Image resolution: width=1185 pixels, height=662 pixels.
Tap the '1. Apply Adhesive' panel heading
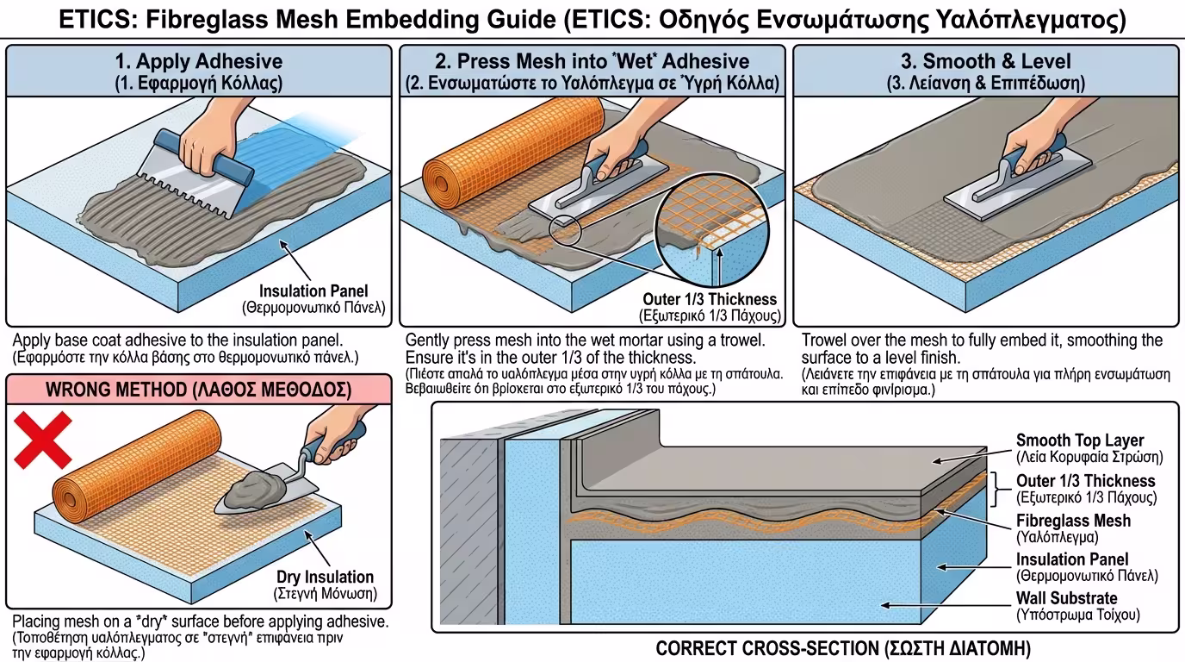pos(198,61)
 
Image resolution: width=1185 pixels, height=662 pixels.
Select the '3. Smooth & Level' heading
pos(985,61)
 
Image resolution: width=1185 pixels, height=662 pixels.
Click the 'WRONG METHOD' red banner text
pos(198,390)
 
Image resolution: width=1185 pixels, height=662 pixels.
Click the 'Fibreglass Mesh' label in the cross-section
pos(1073,521)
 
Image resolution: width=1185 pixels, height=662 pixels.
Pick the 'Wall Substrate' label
pos(1066,598)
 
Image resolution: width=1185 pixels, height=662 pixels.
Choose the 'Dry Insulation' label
pos(325,577)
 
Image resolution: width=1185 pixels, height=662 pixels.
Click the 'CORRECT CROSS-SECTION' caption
pos(842,648)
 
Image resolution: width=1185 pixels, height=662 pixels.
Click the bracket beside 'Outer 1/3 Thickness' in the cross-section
pos(999,488)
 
